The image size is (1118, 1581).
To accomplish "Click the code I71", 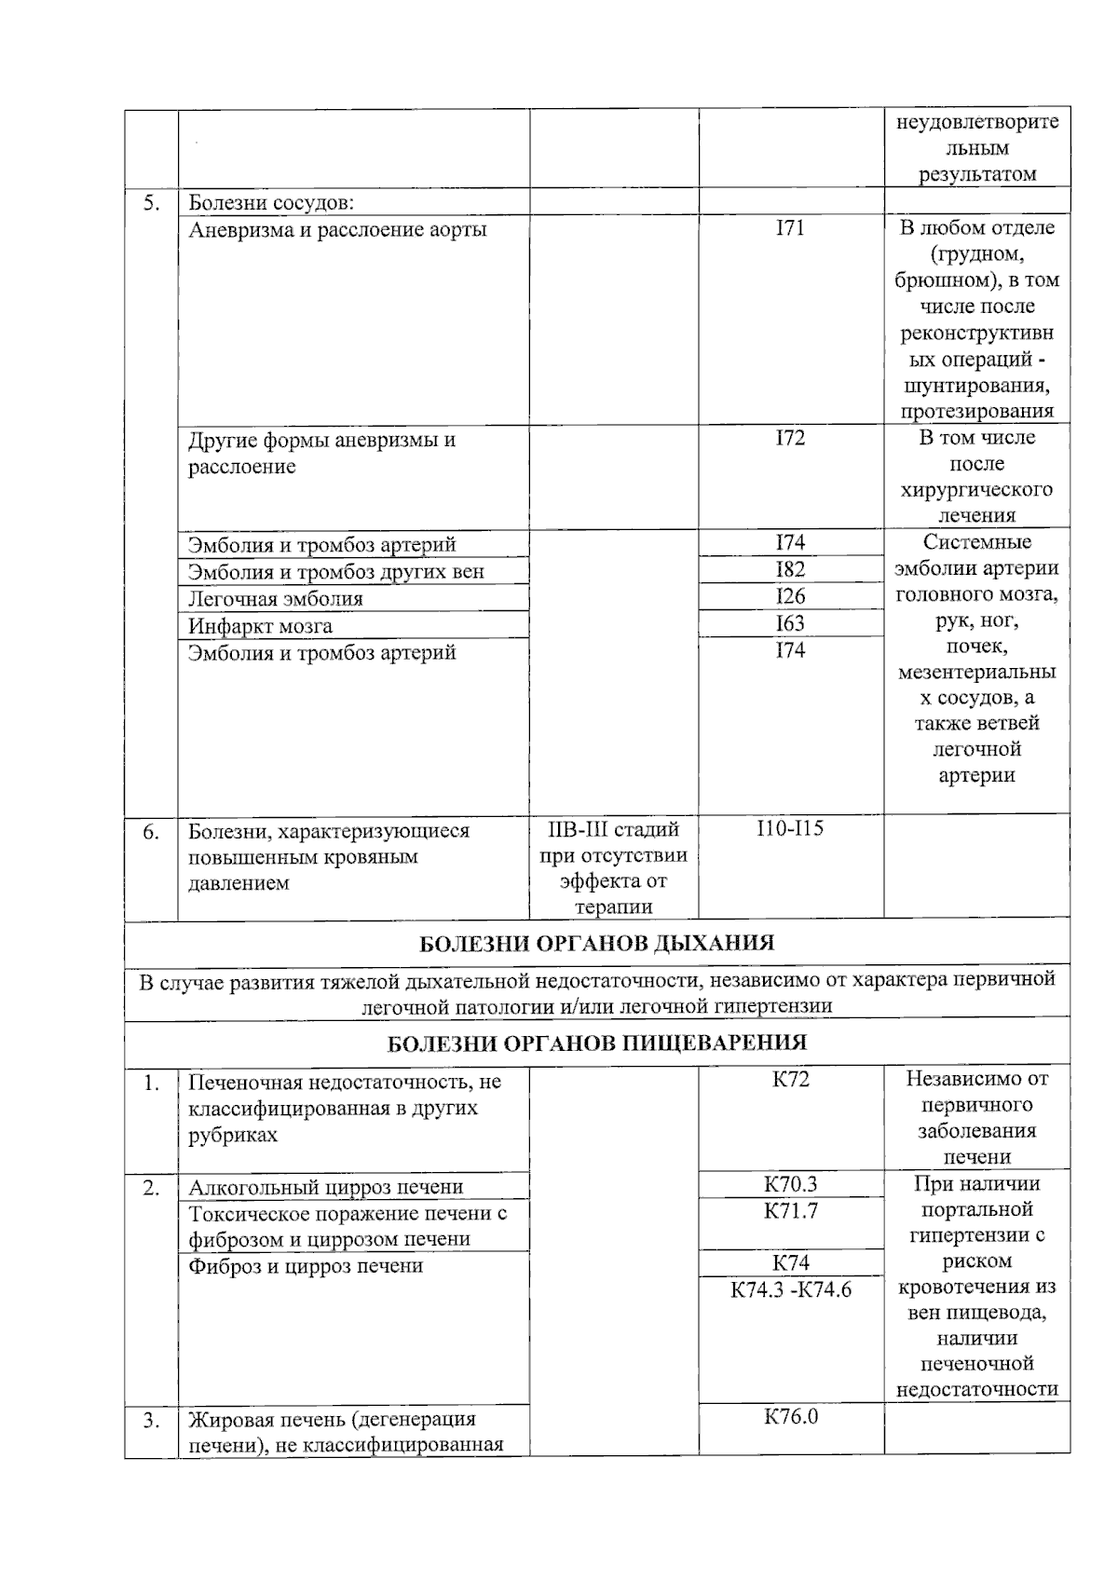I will coord(790,228).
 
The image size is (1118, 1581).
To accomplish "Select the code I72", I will coord(790,438).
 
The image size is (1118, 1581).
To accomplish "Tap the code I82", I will coord(790,569).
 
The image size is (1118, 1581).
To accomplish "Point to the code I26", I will coord(790,596).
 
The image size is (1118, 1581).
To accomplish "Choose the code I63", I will coord(790,623).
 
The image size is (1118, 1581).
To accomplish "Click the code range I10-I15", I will coord(790,827).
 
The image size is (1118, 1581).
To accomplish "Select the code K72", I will coord(790,1079).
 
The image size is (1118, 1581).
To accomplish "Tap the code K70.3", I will coord(790,1184).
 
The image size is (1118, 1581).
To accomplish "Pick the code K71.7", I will coord(790,1211).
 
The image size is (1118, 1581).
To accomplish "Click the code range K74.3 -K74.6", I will coord(791,1290).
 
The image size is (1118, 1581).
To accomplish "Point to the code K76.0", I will coord(790,1417).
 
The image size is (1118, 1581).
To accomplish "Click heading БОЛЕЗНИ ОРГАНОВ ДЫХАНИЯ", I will coord(596,943).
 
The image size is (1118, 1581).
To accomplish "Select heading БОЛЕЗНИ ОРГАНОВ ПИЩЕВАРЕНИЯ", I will coord(596,1043).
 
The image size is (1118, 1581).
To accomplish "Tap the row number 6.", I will coord(151,831).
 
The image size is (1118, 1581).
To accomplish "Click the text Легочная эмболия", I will coord(276,599).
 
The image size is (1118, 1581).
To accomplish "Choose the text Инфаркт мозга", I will coord(260,626).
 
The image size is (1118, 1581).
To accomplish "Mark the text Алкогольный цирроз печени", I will coord(325,1187).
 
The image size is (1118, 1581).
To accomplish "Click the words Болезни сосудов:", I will coord(270,202).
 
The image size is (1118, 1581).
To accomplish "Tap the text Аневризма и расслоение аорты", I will coord(337,229).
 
